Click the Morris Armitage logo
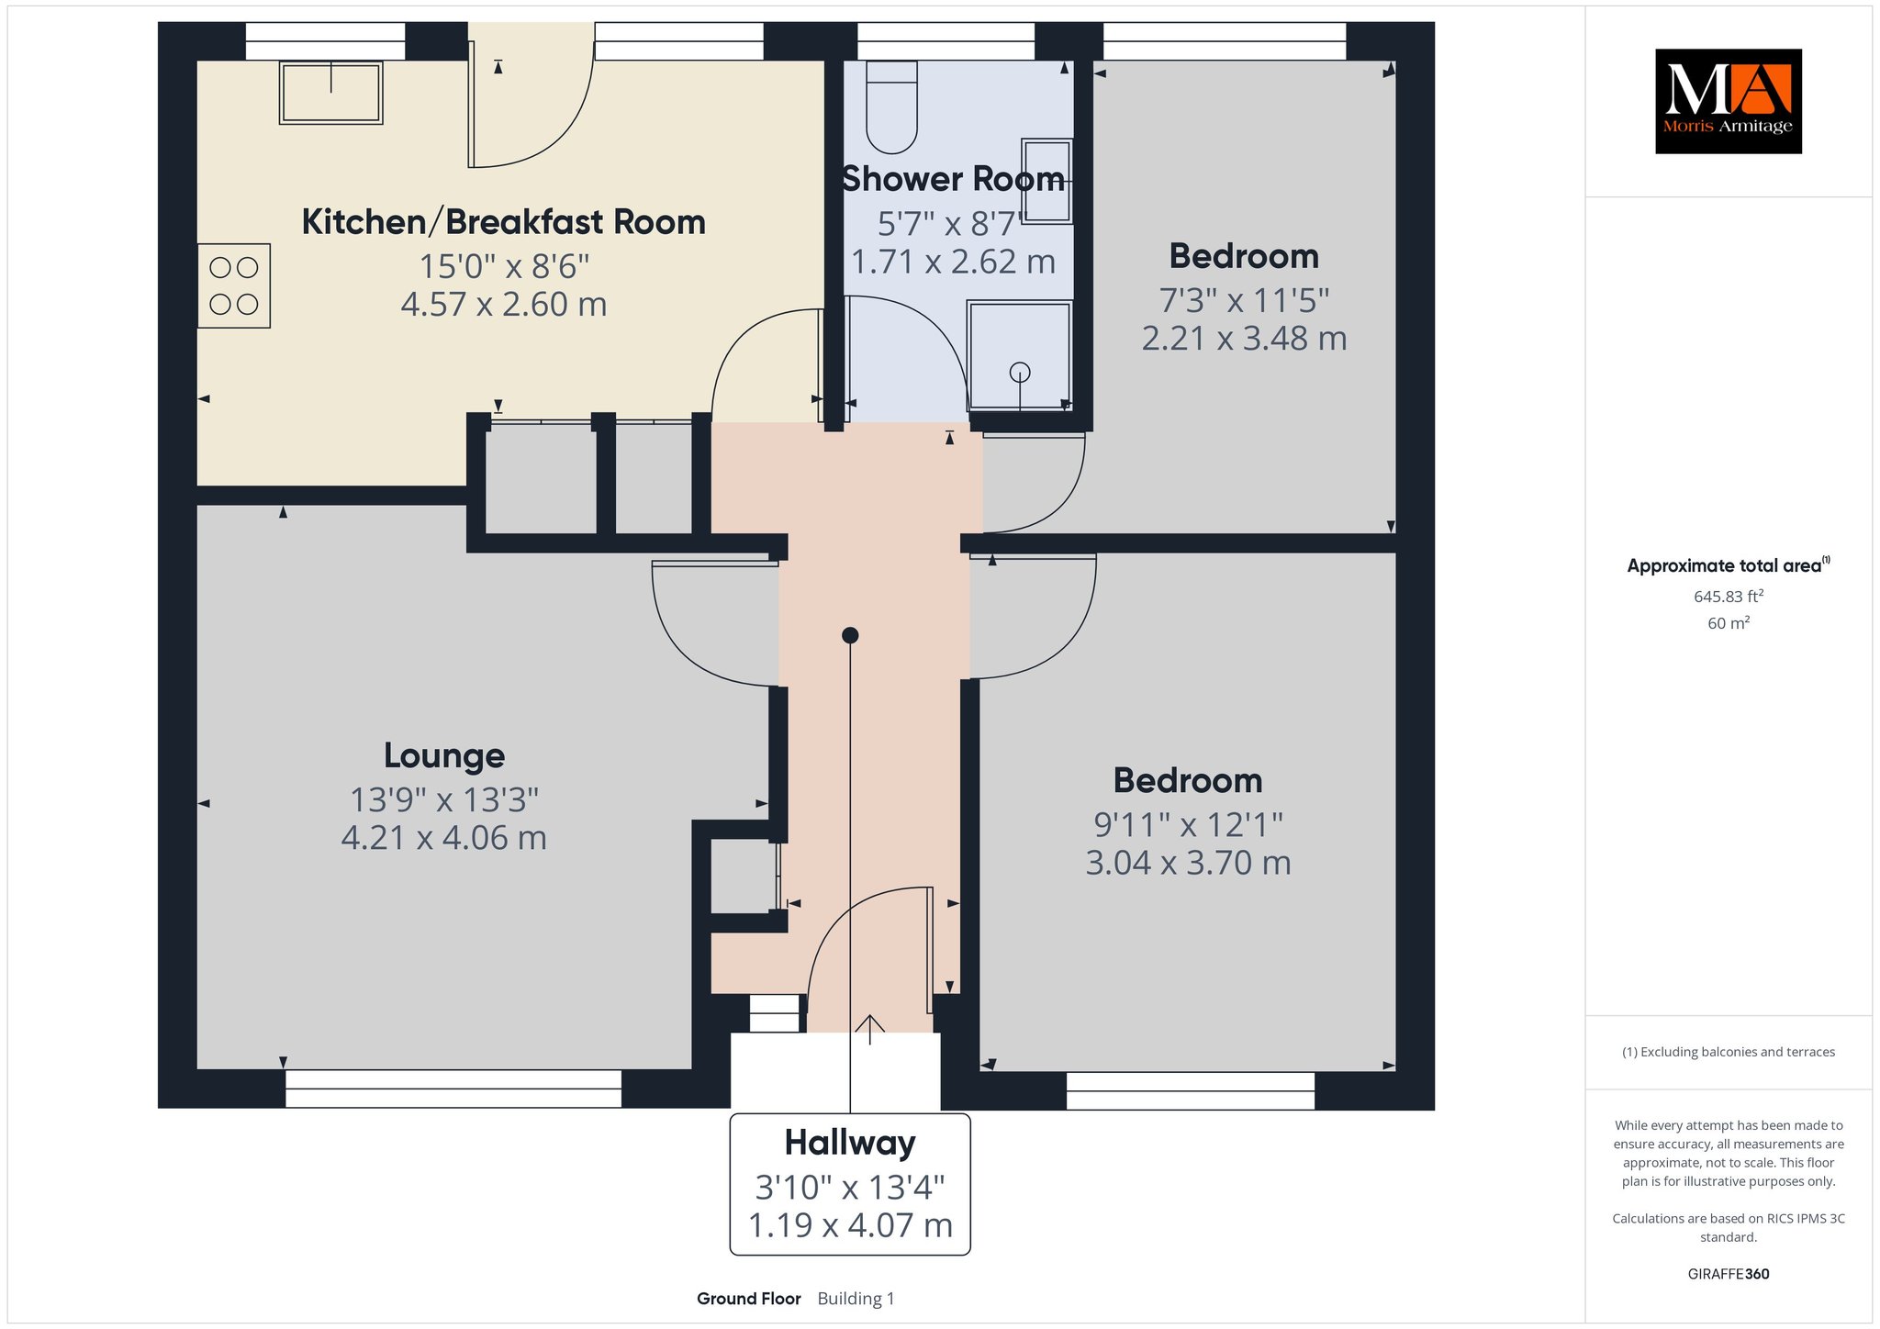1728,101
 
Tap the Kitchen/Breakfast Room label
503,222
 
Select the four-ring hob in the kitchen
234,285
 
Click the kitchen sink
330,92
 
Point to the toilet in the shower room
891,106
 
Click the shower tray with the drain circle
1019,355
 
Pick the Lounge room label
444,755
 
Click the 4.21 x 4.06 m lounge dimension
444,838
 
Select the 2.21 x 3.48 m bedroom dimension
1244,339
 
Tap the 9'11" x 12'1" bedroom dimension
1188,825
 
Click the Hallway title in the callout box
850,1143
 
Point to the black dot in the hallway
850,635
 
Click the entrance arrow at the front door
869,1029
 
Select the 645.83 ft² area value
1729,596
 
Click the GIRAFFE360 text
1729,1274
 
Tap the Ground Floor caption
749,1299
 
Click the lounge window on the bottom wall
453,1089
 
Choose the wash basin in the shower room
1047,181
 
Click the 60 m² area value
1729,623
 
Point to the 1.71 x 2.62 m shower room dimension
953,262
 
